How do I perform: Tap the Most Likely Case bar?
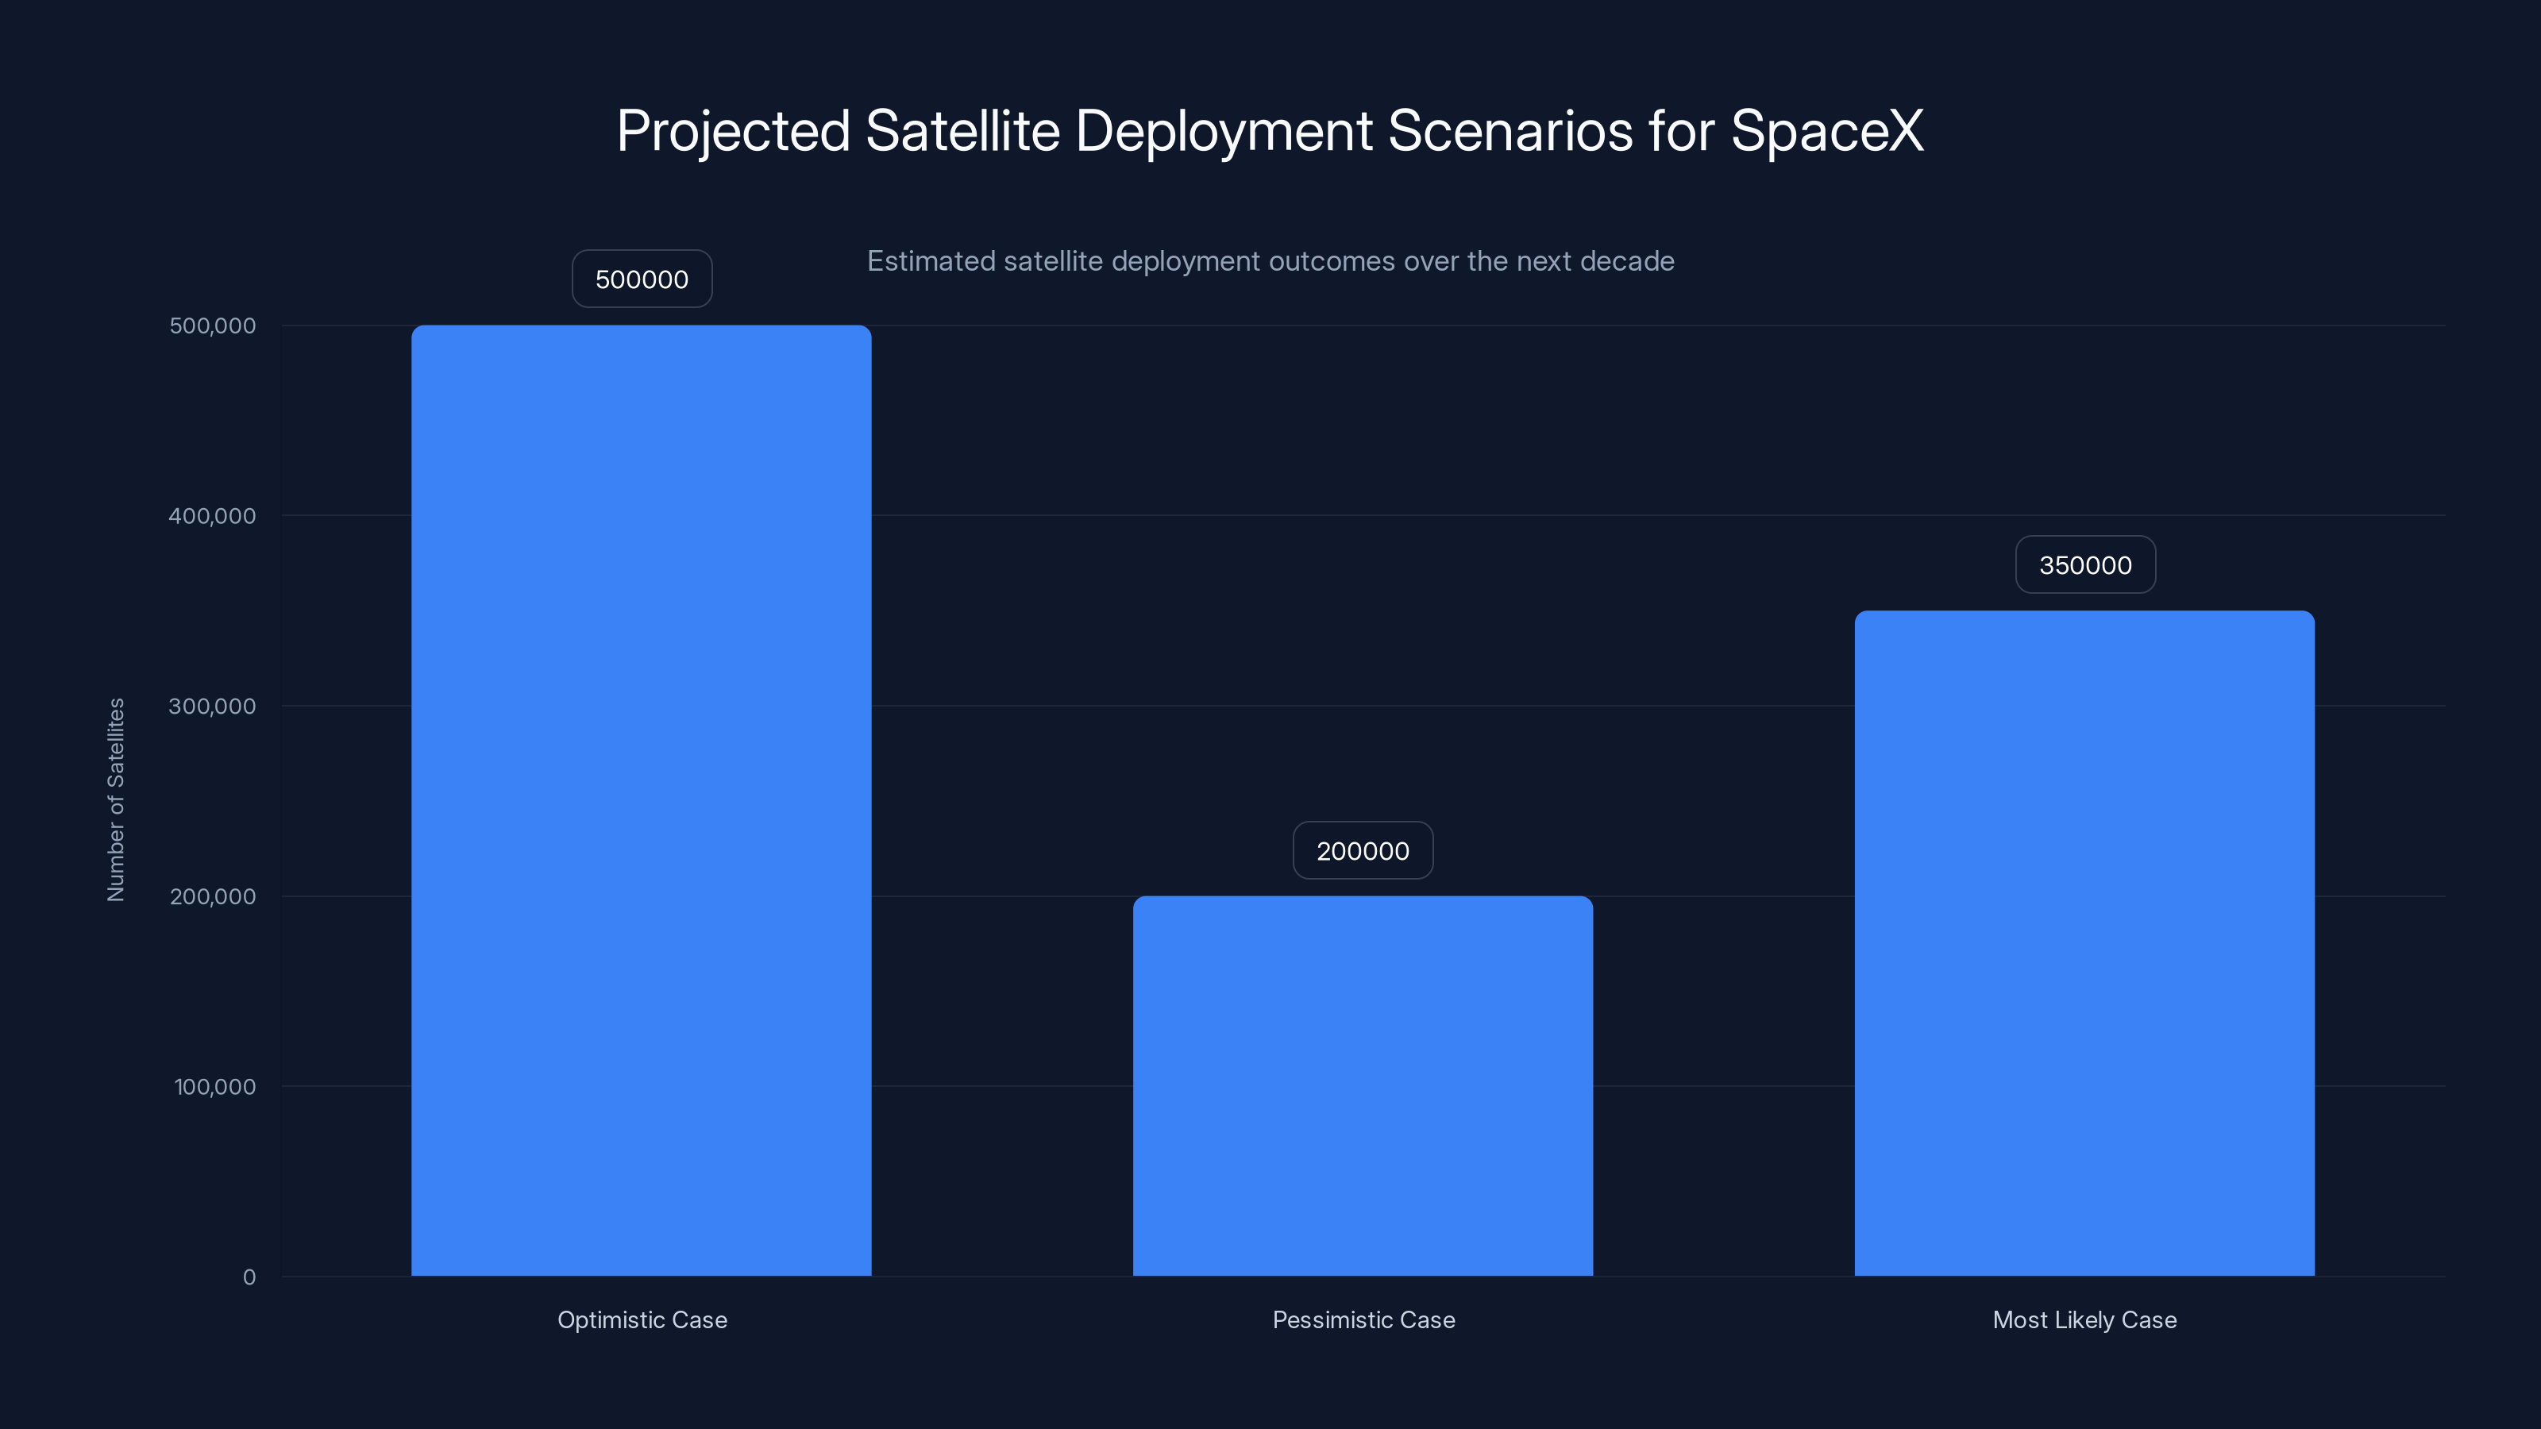pos(2084,943)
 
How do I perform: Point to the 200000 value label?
pos(1363,851)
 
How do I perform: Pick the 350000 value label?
pos(2085,565)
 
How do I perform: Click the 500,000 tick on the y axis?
pos(212,325)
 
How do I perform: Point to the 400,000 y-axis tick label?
pos(212,516)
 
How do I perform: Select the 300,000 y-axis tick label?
pos(212,706)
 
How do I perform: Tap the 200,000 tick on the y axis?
pos(212,896)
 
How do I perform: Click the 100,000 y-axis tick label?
pos(215,1087)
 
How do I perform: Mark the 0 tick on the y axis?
pos(249,1277)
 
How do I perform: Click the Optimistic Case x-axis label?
pos(642,1319)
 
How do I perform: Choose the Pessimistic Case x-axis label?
pos(1363,1319)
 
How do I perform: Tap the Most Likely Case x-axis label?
pos(2084,1319)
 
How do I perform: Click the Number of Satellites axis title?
pos(117,799)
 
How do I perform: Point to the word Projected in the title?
pos(733,132)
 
